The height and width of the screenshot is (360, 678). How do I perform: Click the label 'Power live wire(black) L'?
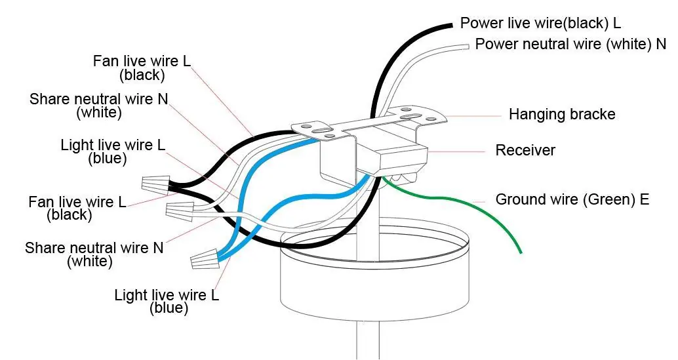pos(540,23)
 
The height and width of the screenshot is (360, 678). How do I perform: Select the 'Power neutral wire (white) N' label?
pos(570,44)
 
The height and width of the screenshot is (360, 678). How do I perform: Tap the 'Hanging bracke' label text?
pos(562,114)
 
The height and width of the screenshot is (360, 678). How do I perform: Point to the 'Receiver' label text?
pos(525,150)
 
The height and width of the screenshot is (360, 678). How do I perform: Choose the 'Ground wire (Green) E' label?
pos(572,199)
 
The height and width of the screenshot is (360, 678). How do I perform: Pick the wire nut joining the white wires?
pos(180,210)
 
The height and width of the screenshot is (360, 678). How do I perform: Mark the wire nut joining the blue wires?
pos(204,258)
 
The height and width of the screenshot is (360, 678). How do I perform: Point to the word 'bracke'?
pos(592,114)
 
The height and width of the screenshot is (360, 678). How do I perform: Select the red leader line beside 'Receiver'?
pos(456,151)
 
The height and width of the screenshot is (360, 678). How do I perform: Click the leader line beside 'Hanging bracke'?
pos(473,116)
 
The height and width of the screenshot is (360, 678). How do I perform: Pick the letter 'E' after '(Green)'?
pos(645,199)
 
